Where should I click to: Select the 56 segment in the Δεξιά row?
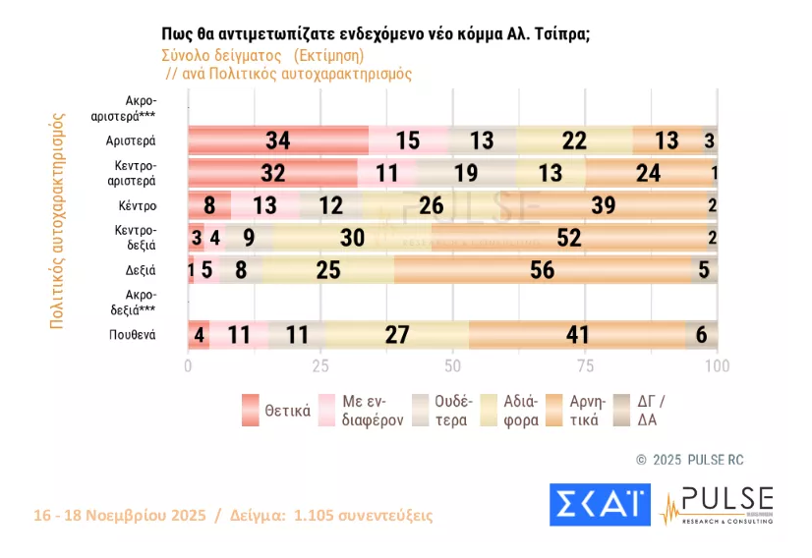542,270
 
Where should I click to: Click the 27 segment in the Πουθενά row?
397,335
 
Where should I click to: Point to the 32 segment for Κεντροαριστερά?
272,173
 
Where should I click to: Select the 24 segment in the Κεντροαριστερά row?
648,173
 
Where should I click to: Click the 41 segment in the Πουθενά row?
577,335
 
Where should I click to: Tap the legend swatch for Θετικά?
251,411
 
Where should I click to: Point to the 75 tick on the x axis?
585,366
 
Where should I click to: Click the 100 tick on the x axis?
717,366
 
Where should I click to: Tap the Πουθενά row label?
133,335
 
